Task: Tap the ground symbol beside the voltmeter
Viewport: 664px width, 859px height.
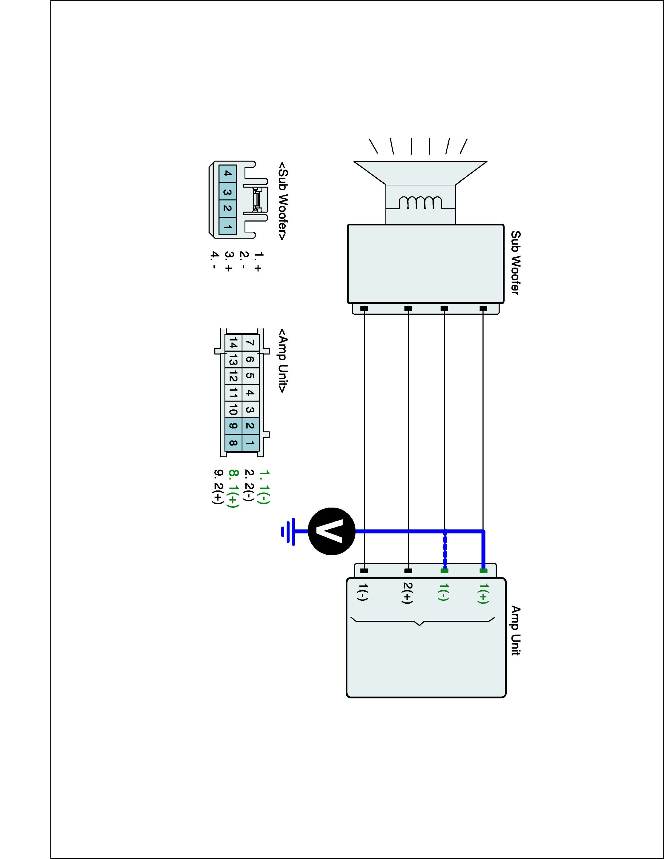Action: coord(289,531)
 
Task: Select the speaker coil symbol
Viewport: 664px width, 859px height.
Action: coord(420,202)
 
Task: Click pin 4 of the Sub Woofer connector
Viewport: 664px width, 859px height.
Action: coord(227,174)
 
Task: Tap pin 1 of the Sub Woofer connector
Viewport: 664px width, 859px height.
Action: coord(227,226)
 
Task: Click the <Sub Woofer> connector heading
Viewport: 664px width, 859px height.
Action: coord(282,201)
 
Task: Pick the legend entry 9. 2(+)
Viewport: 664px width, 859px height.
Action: coord(218,486)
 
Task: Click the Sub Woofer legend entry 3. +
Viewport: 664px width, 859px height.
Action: coord(228,261)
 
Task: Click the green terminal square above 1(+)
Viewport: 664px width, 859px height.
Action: coord(484,571)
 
